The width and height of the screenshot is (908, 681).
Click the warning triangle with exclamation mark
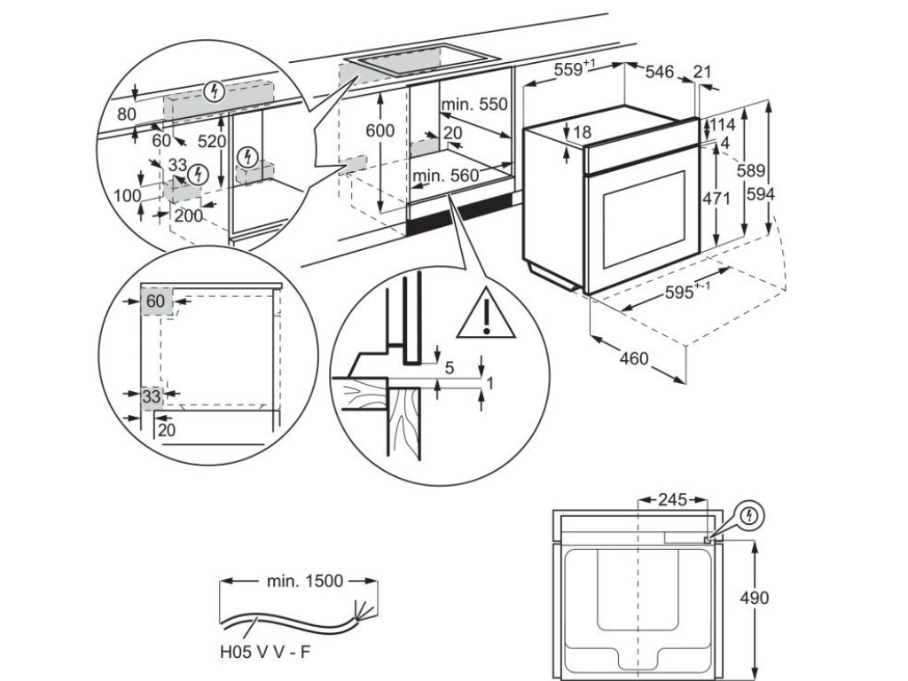[486, 315]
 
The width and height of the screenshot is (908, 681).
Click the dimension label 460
[634, 359]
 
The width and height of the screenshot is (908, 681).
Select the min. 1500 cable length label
[303, 582]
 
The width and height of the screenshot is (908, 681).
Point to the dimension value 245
[672, 500]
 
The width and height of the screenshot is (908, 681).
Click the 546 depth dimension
[659, 72]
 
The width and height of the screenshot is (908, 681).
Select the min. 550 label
[475, 105]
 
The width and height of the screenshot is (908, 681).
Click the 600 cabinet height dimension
[380, 129]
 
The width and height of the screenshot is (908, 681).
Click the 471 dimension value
[716, 199]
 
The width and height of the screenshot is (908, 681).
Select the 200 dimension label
[187, 215]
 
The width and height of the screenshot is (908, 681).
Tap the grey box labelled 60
[155, 301]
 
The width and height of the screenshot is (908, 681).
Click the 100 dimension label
[128, 195]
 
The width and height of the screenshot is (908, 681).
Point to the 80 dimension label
[127, 113]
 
